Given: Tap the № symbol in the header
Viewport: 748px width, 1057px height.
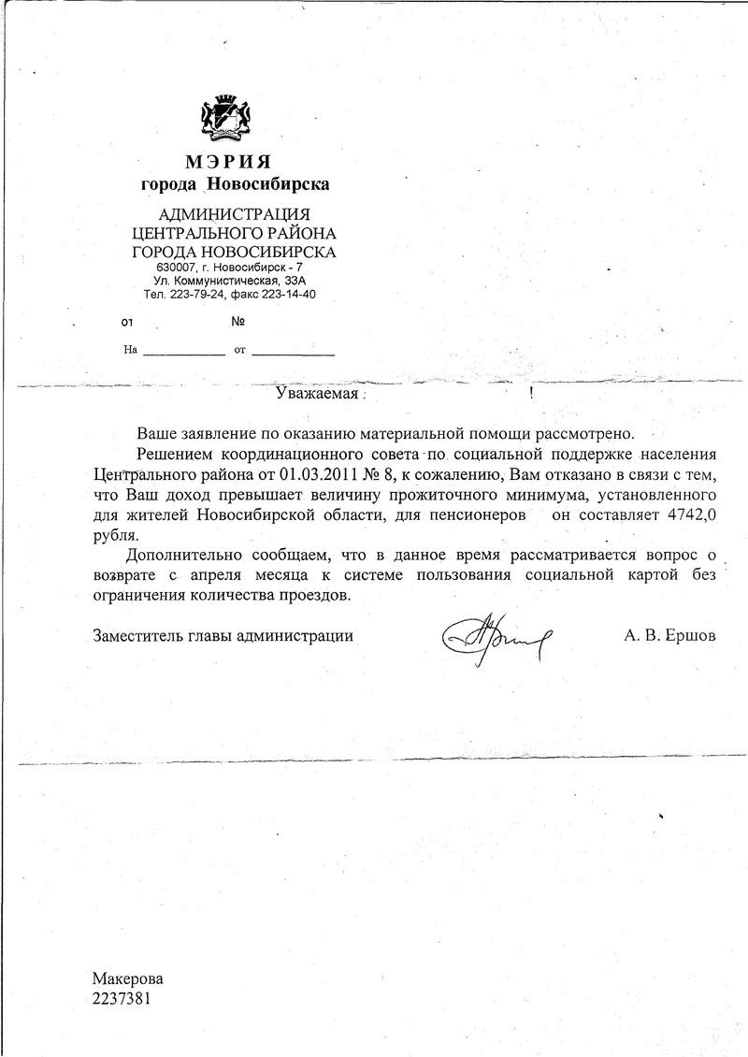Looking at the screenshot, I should tap(237, 322).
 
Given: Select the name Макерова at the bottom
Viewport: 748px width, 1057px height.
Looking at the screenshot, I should tap(127, 978).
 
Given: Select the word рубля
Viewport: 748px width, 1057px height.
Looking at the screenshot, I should tap(115, 536).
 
